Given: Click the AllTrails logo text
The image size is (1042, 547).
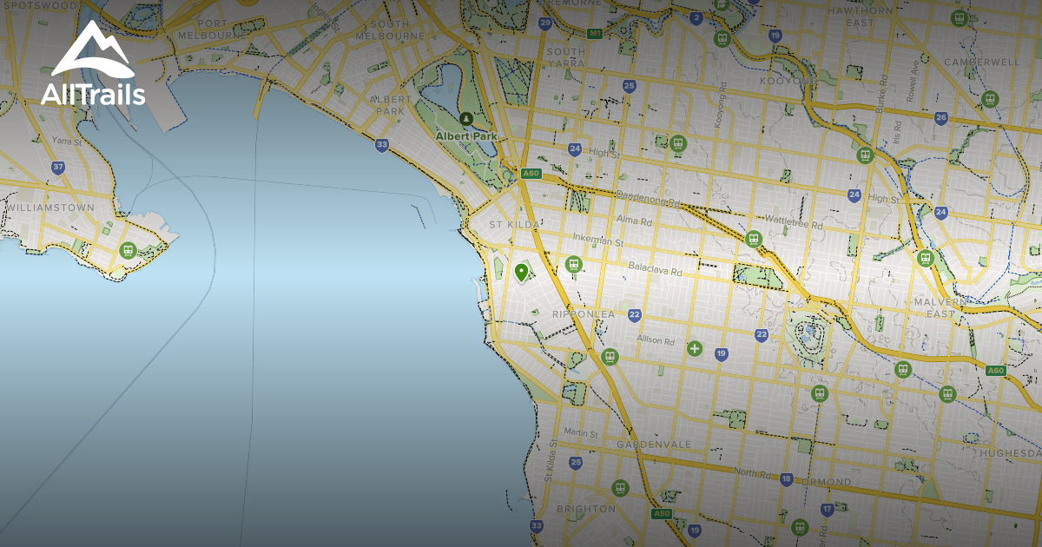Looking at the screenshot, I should [93, 94].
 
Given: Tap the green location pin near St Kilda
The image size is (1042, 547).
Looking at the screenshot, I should [521, 273].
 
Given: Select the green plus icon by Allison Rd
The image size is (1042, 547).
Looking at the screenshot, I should [694, 349].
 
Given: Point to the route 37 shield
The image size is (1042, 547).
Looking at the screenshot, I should [58, 168].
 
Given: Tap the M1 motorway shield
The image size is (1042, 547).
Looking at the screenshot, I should [594, 34].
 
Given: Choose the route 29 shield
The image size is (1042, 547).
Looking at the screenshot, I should [544, 23].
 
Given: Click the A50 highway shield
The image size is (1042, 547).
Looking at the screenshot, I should [662, 514].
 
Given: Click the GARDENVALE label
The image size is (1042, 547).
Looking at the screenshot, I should [654, 445].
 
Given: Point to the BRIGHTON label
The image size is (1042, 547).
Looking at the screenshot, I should [585, 509].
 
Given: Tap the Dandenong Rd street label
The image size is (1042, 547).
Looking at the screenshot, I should [647, 198].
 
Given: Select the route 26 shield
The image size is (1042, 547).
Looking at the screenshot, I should [941, 117].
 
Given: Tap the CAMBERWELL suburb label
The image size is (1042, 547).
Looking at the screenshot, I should [981, 63].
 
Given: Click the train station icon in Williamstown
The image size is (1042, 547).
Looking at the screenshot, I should [128, 251].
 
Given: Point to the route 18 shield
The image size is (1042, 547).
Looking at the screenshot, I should [786, 478].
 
